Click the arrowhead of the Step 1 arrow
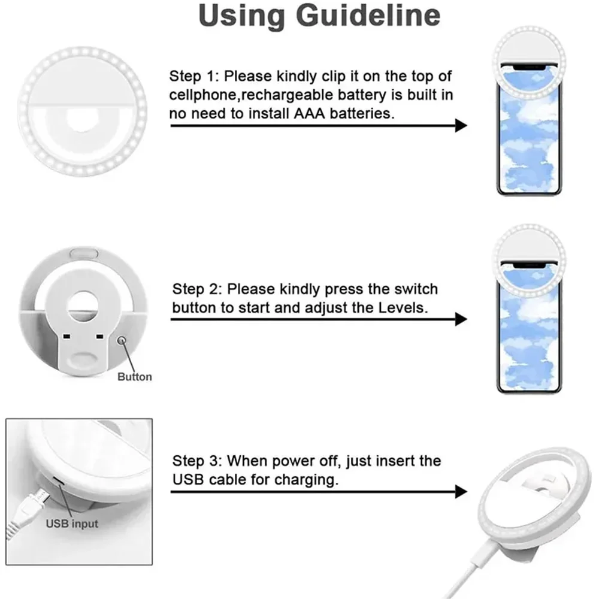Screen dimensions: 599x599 point(461,125)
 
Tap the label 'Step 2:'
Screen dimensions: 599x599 point(198,289)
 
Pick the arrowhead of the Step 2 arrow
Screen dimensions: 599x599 point(461,319)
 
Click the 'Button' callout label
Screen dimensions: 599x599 point(134,377)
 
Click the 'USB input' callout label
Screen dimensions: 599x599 point(72,524)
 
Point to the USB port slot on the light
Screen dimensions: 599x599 point(55,481)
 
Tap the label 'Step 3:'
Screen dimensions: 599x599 point(198,461)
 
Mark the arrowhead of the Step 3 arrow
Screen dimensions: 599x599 point(461,492)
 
